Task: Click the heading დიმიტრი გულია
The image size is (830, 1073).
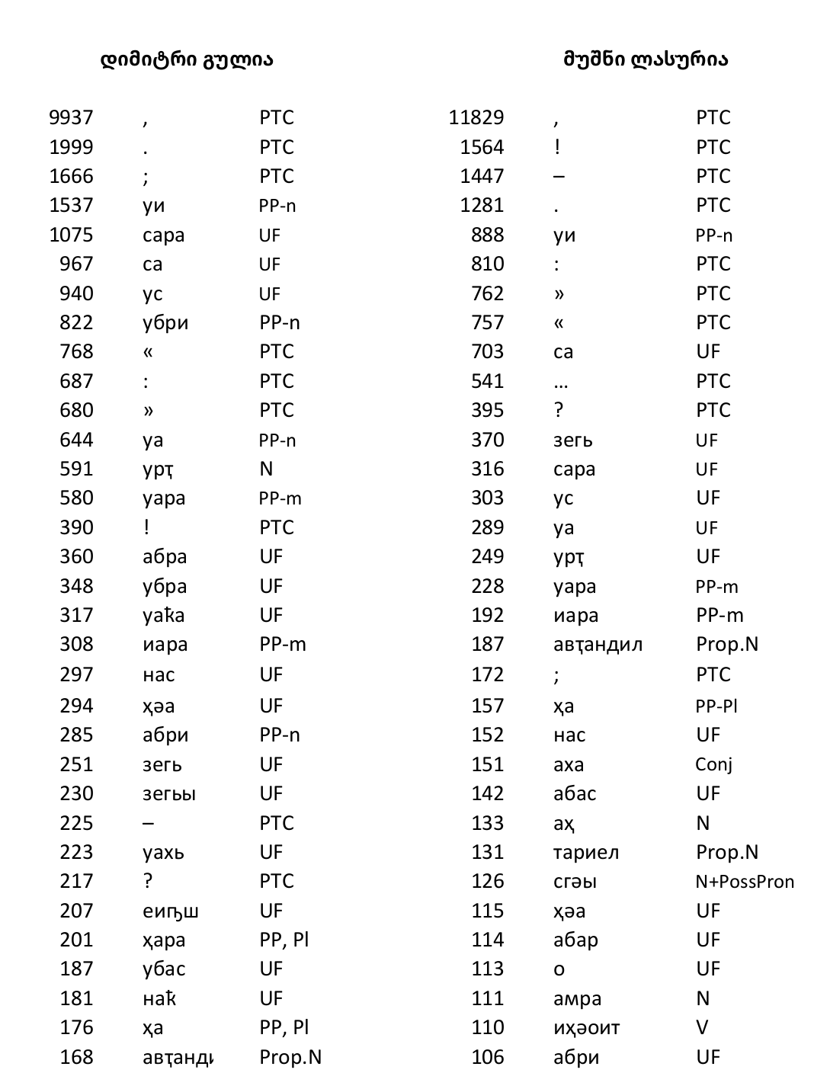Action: (187, 59)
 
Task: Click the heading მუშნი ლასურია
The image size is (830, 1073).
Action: (646, 59)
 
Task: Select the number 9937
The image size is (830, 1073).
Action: (71, 117)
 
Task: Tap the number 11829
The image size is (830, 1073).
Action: (476, 117)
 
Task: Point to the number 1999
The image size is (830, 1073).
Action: (71, 147)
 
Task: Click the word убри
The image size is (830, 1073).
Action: (165, 322)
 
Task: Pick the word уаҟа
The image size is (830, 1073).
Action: (164, 615)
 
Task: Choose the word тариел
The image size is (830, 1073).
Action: (586, 852)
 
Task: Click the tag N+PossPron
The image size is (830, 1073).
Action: (745, 882)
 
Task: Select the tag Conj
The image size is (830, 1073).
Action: (714, 764)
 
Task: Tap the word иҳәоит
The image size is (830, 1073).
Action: (587, 1028)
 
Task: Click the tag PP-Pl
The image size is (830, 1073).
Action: (716, 706)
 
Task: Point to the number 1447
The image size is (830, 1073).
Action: (482, 176)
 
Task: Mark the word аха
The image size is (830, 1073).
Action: (569, 764)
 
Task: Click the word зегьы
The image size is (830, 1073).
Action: (169, 794)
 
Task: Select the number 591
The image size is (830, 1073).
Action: (76, 469)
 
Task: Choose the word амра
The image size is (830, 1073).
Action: (578, 998)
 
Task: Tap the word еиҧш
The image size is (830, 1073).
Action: (171, 911)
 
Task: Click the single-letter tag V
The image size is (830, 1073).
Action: (702, 1027)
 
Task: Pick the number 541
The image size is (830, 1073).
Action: (488, 381)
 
